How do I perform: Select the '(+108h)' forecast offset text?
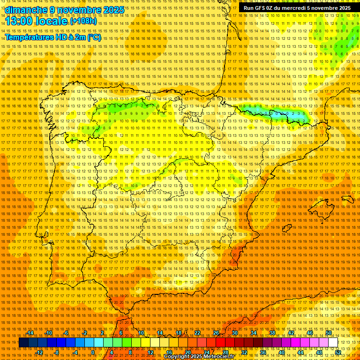[x=83, y=21]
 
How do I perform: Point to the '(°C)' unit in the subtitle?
[x=94, y=37]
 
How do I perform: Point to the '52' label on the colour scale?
[x=338, y=352]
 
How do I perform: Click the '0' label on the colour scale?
[x=93, y=352]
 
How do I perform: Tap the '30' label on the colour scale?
[x=234, y=333]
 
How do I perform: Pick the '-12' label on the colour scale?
[x=39, y=352]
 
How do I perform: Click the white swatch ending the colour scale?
[x=333, y=343]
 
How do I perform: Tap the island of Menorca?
[x=347, y=199]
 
